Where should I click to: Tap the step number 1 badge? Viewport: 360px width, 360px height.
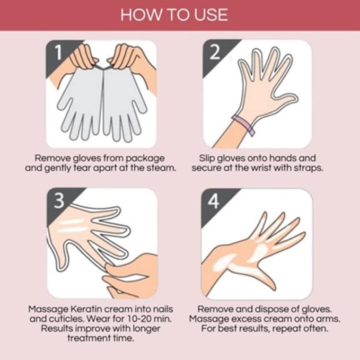pyautogui.click(x=58, y=51)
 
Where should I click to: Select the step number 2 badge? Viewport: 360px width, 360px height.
pyautogui.click(x=215, y=51)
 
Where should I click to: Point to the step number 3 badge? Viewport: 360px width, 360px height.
pyautogui.click(x=58, y=200)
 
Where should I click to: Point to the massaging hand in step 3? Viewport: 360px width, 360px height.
pyautogui.click(x=133, y=273)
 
